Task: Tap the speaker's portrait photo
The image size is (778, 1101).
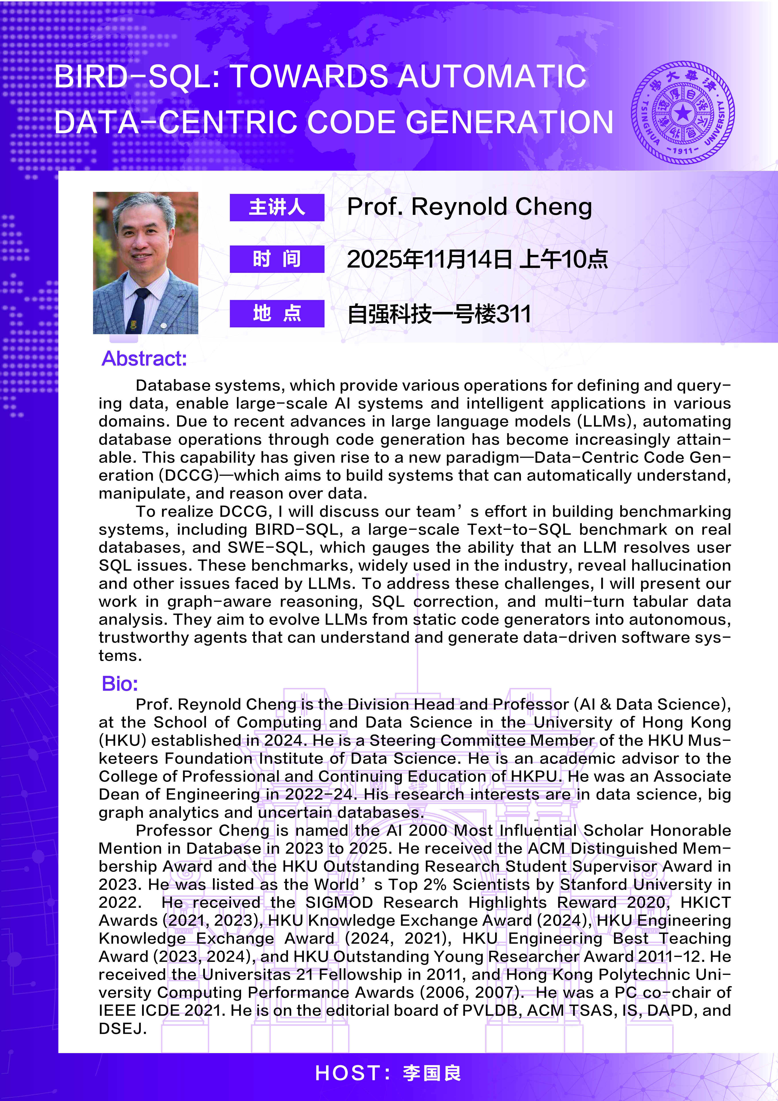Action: (145, 263)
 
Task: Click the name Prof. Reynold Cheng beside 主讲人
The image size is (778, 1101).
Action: (469, 207)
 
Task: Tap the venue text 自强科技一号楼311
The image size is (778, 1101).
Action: (439, 315)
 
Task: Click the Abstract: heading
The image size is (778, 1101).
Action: (144, 359)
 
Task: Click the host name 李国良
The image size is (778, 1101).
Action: (432, 1073)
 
